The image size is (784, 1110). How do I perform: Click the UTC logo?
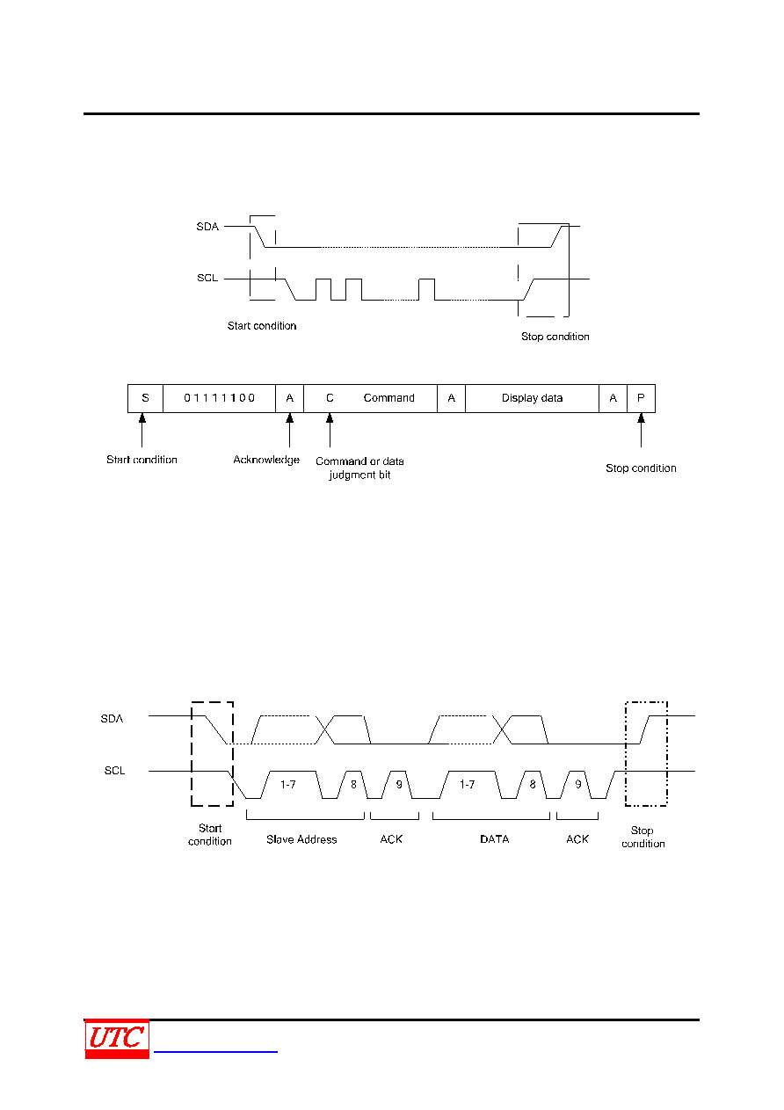117,1039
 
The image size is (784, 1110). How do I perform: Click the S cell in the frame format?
145,398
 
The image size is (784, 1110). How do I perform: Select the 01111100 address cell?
219,398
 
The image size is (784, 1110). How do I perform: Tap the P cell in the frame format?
642,398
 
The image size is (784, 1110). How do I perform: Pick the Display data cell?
533,398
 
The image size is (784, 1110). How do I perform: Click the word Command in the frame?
389,398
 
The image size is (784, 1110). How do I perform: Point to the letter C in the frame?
330,398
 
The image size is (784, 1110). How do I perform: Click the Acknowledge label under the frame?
266,461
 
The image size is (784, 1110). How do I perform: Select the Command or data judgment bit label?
359,468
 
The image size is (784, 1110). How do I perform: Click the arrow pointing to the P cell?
642,431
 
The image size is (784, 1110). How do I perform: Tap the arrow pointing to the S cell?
142,431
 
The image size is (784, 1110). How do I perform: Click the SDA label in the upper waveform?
207,227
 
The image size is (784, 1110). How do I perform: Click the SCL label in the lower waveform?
114,771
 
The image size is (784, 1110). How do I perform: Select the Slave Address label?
301,839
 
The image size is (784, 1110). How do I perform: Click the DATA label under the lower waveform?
495,839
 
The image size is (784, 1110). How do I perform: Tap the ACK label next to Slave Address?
391,839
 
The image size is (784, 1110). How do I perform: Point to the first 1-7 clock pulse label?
288,785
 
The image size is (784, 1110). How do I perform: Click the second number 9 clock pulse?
578,785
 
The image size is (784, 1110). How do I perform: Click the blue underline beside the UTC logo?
215,1051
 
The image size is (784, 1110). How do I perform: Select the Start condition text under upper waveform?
262,326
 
